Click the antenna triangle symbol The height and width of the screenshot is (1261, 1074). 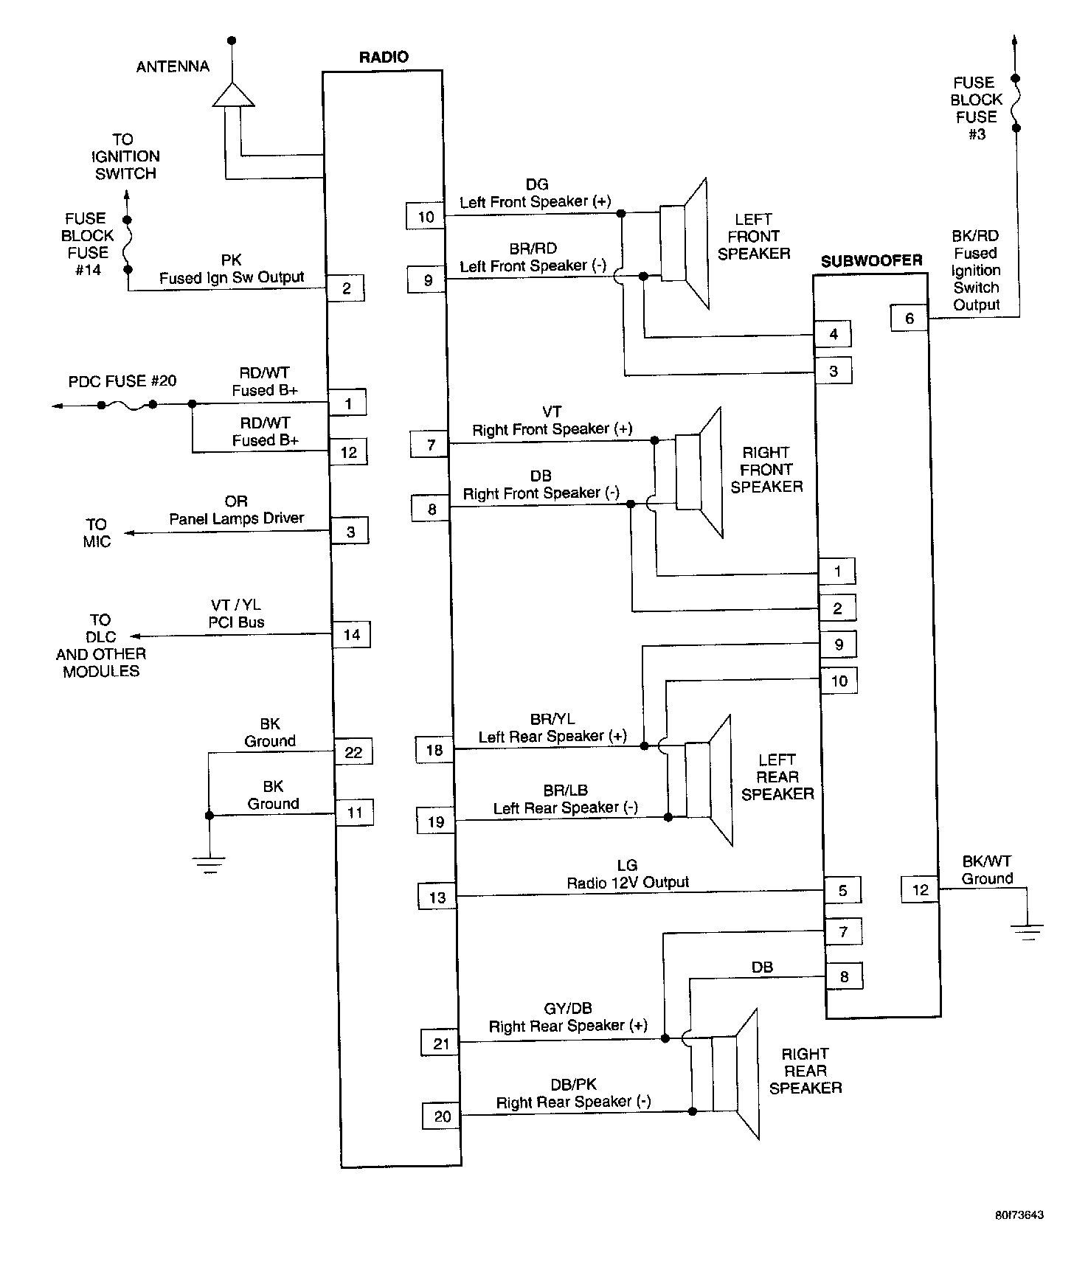coord(232,95)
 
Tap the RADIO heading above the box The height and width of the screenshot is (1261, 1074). coord(383,57)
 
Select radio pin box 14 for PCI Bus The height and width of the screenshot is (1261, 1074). coord(351,634)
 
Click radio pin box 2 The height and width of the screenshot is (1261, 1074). coord(346,288)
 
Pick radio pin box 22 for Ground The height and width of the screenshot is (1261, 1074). coord(353,752)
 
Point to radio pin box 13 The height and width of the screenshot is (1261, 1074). coord(437,897)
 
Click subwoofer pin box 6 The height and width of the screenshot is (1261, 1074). coord(909,318)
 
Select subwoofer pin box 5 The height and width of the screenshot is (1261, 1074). coord(842,890)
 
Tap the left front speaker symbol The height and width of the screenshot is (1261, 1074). coord(685,243)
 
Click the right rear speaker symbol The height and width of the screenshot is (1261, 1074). coord(735,1074)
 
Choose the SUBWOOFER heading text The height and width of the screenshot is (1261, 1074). coord(871,260)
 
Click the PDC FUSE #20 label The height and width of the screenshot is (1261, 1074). coord(122,381)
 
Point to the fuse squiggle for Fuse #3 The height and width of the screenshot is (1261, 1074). coord(1016,103)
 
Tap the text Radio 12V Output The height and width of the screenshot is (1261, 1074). coord(627,882)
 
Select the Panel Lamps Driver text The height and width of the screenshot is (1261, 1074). coord(236,518)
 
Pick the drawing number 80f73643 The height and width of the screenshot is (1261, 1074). coord(1018,1215)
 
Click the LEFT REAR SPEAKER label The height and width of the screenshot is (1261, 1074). coord(777,777)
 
